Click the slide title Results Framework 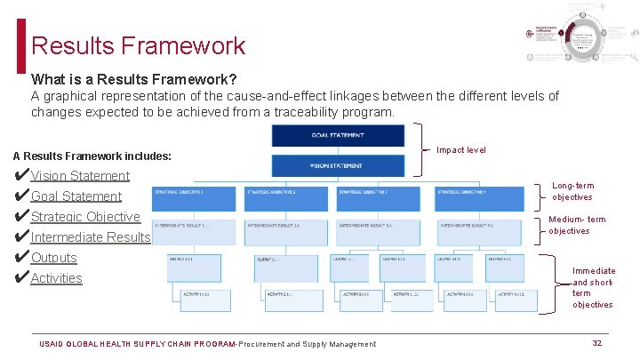(x=138, y=45)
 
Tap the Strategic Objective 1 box (x=196, y=197)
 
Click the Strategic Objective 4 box (x=479, y=197)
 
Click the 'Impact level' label (x=461, y=150)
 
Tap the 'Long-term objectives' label (x=573, y=191)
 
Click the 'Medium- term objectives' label (x=577, y=225)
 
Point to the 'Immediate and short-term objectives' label (x=593, y=287)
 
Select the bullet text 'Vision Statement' (x=80, y=176)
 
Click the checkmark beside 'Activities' (x=21, y=278)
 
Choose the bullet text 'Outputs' (x=54, y=258)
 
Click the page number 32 (x=597, y=343)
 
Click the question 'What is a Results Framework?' (x=133, y=79)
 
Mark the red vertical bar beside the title (x=21, y=45)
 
